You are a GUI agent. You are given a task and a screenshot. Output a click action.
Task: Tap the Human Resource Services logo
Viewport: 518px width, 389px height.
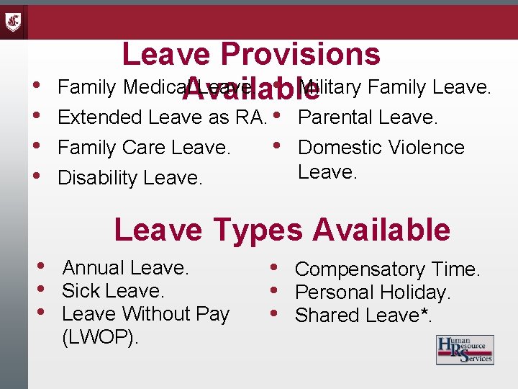coord(465,350)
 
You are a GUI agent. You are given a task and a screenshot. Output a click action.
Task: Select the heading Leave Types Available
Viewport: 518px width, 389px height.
coord(282,230)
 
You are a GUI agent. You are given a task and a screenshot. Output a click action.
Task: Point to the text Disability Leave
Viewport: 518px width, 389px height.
coord(129,177)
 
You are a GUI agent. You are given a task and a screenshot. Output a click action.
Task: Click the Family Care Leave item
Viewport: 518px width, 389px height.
coord(144,148)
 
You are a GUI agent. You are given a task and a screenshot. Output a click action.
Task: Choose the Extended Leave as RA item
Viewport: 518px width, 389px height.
coord(162,117)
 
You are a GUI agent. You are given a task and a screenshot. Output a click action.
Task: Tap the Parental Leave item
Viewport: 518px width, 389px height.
coord(368,117)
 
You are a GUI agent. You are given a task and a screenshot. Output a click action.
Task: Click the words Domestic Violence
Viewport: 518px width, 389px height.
coord(381,148)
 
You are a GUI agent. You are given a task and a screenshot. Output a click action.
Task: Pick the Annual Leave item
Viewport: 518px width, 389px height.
coord(125,268)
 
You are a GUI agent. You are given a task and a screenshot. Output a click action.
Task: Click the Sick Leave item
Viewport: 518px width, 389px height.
coord(113,291)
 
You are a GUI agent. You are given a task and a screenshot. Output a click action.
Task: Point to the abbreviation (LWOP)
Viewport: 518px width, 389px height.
coord(101,336)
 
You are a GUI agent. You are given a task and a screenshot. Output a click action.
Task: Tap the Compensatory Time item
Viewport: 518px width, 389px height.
coord(387,269)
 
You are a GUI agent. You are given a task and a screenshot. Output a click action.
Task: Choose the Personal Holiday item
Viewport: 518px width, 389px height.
coord(373,292)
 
